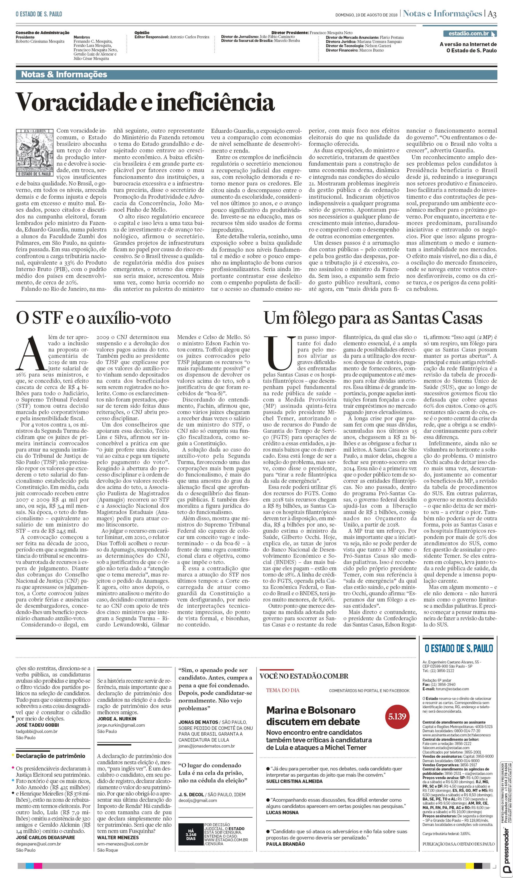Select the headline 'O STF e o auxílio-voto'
tap(93, 318)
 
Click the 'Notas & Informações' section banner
tap(64, 74)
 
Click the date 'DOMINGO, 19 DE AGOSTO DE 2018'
tap(366, 15)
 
